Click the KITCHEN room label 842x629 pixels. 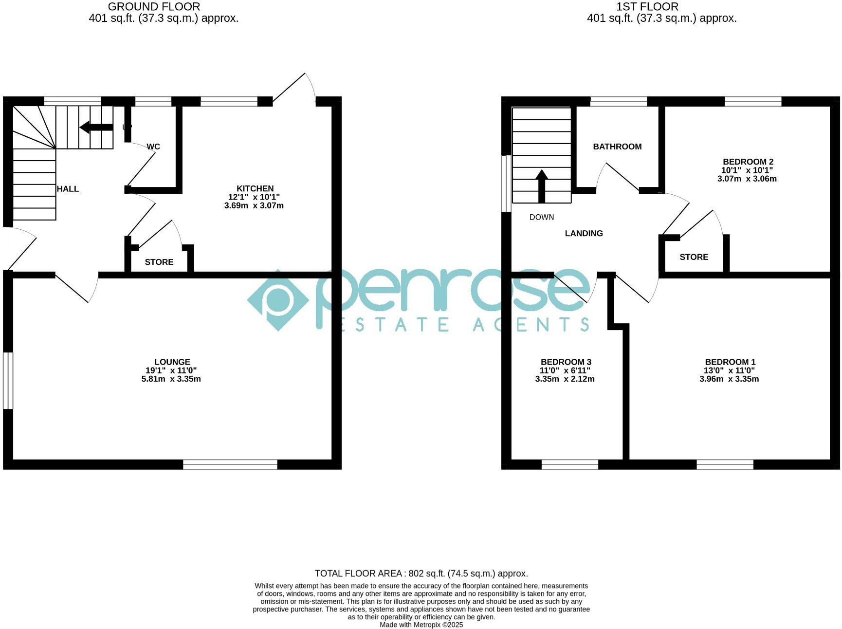(x=255, y=188)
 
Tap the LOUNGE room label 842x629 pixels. (x=172, y=362)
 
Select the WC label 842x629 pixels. (x=153, y=147)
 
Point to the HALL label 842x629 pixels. (x=68, y=189)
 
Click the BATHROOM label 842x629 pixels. (x=617, y=147)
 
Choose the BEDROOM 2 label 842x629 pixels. (x=748, y=162)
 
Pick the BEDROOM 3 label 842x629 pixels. (x=566, y=362)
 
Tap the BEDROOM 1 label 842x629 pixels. (x=730, y=362)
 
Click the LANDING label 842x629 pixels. (x=584, y=233)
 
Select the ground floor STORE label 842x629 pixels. (x=159, y=262)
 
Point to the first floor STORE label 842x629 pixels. (x=694, y=257)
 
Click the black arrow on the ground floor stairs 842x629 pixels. (x=96, y=128)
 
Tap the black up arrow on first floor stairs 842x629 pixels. (x=542, y=185)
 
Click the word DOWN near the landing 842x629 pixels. (x=542, y=217)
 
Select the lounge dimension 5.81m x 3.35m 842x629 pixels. (x=171, y=379)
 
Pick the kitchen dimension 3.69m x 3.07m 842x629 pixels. (x=254, y=205)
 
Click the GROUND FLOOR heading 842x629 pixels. (x=154, y=7)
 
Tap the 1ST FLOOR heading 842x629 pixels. (x=647, y=7)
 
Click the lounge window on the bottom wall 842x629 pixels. (x=230, y=464)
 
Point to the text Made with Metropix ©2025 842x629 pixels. (x=421, y=625)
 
